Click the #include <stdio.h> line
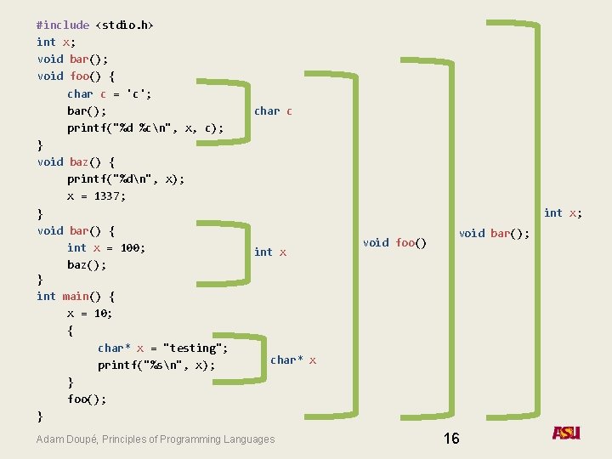95,25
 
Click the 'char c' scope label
273,110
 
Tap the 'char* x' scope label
293,360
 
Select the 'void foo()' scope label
394,242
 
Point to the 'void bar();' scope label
494,233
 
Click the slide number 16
451,438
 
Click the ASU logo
566,433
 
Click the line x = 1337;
97,195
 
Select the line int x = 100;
106,247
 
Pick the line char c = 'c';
109,93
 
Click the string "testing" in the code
195,348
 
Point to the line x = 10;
90,313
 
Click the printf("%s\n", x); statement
156,365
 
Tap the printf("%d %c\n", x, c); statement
145,127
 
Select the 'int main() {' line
76,296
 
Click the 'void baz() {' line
76,161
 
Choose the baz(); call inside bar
87,264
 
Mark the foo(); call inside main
87,399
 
